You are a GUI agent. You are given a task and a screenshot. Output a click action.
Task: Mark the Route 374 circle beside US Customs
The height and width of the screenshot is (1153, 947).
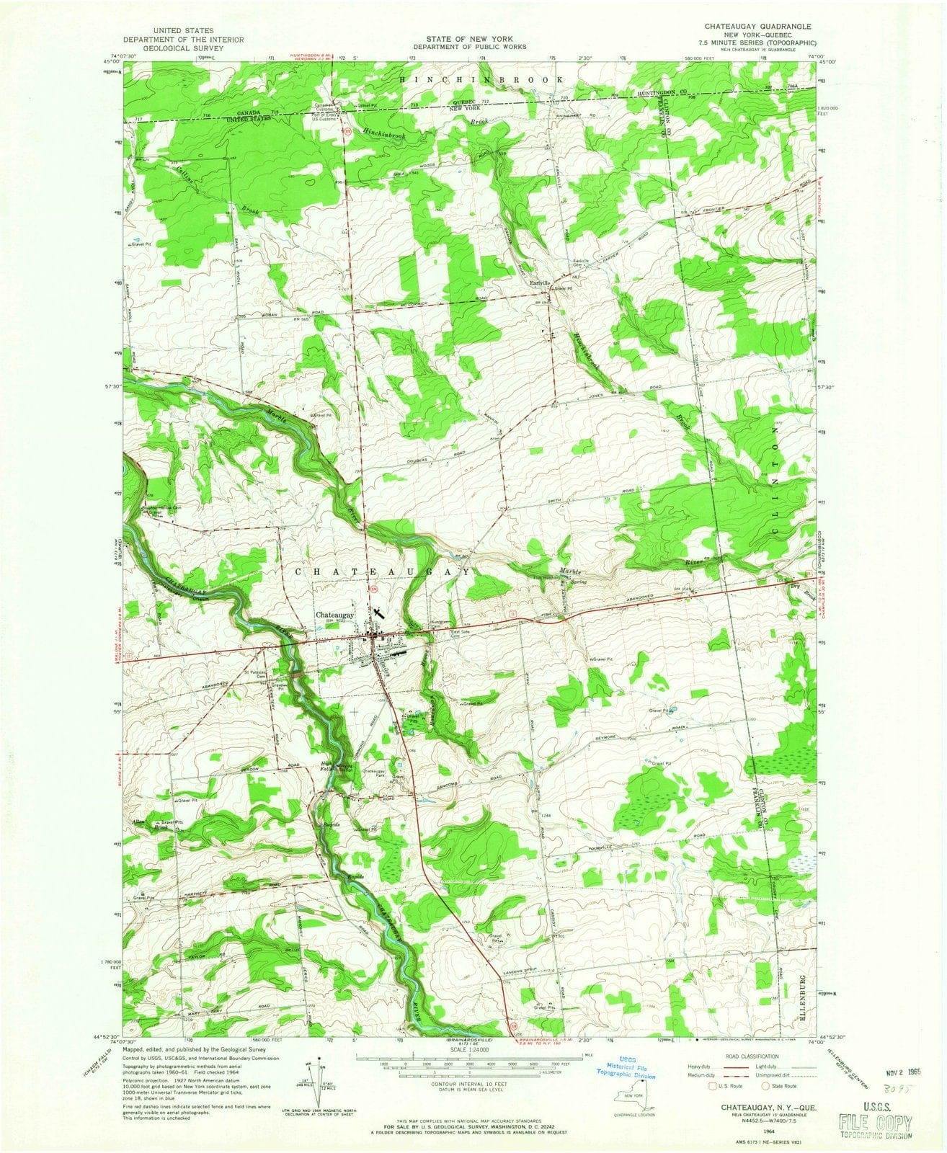click(x=348, y=132)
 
